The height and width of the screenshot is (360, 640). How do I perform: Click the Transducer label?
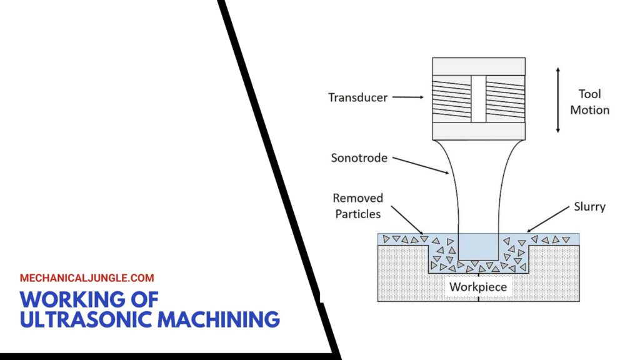click(x=358, y=97)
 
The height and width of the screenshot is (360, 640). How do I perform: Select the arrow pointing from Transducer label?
click(x=409, y=97)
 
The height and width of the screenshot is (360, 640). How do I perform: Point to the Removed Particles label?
click(x=357, y=206)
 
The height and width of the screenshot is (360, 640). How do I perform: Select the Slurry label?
click(x=589, y=206)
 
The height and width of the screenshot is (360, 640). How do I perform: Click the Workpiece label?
click(x=479, y=287)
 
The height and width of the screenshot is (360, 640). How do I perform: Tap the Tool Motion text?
click(x=589, y=102)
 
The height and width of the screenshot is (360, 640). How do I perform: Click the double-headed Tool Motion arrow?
click(x=557, y=99)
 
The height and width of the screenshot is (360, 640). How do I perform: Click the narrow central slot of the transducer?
click(x=479, y=99)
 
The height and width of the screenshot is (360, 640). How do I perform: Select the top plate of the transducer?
click(x=479, y=66)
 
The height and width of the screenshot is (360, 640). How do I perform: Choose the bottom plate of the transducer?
click(x=479, y=131)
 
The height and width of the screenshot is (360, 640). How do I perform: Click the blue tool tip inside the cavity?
click(x=479, y=247)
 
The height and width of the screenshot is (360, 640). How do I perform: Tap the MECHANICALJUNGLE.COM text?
click(x=87, y=278)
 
